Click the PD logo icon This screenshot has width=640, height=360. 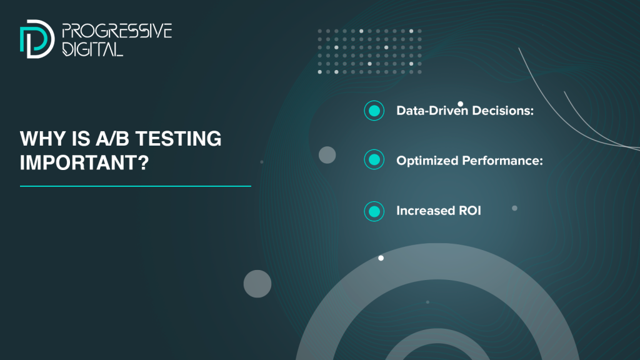click(x=37, y=39)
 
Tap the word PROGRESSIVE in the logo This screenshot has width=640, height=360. click(x=117, y=31)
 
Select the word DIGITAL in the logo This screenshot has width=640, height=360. click(x=92, y=49)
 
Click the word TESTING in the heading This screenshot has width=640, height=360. click(x=178, y=139)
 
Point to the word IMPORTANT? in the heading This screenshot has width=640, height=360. click(x=84, y=162)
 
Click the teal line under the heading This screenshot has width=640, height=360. click(x=136, y=186)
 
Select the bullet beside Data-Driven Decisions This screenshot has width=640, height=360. click(x=374, y=111)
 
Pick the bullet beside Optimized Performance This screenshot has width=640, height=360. click(x=374, y=159)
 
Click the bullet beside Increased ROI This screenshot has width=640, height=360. click(x=374, y=211)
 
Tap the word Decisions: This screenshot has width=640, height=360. click(x=503, y=111)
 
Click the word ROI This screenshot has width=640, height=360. click(x=470, y=211)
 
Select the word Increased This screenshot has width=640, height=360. click(x=426, y=211)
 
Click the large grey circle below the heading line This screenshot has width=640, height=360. click(x=257, y=284)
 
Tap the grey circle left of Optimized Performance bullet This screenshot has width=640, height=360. click(x=327, y=155)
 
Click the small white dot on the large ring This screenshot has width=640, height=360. click(x=381, y=258)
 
